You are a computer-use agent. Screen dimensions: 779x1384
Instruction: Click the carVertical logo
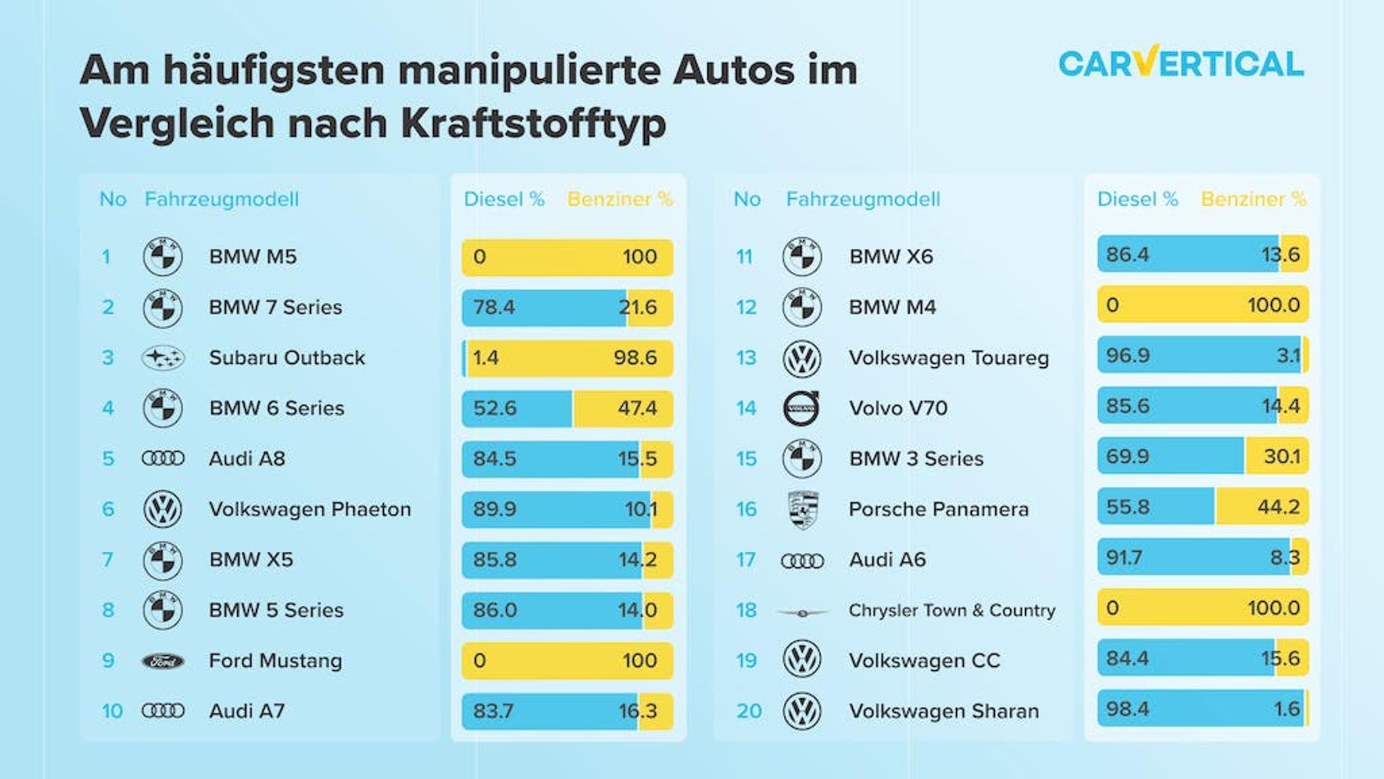click(1181, 64)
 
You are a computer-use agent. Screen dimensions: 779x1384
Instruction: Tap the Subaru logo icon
click(162, 358)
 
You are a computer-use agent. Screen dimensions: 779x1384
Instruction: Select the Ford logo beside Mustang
click(162, 661)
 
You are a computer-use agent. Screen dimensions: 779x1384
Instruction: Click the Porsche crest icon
click(803, 509)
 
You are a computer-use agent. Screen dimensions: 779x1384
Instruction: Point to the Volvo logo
click(801, 408)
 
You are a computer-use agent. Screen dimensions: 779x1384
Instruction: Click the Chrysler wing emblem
click(802, 613)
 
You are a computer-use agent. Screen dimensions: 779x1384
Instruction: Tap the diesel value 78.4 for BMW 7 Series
click(494, 308)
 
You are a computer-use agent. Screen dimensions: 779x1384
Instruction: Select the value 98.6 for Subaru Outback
click(635, 358)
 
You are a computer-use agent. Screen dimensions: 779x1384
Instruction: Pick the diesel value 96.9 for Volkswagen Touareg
click(1127, 356)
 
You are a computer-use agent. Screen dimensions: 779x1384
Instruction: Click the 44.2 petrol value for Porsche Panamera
click(1278, 507)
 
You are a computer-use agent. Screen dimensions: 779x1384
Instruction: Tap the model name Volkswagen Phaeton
click(310, 509)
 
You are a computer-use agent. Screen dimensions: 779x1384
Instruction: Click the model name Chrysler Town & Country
click(951, 611)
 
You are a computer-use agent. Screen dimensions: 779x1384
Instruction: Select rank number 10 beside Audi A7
click(112, 711)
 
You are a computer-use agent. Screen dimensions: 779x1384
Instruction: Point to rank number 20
click(749, 711)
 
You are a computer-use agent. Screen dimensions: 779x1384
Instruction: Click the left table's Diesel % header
click(503, 199)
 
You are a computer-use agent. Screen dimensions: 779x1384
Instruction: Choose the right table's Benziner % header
click(1253, 199)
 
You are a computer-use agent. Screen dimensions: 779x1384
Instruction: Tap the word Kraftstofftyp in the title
click(533, 124)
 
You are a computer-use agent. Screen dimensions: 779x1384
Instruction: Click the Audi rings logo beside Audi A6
click(802, 561)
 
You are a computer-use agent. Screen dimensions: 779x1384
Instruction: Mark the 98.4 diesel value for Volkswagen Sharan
click(1127, 709)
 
